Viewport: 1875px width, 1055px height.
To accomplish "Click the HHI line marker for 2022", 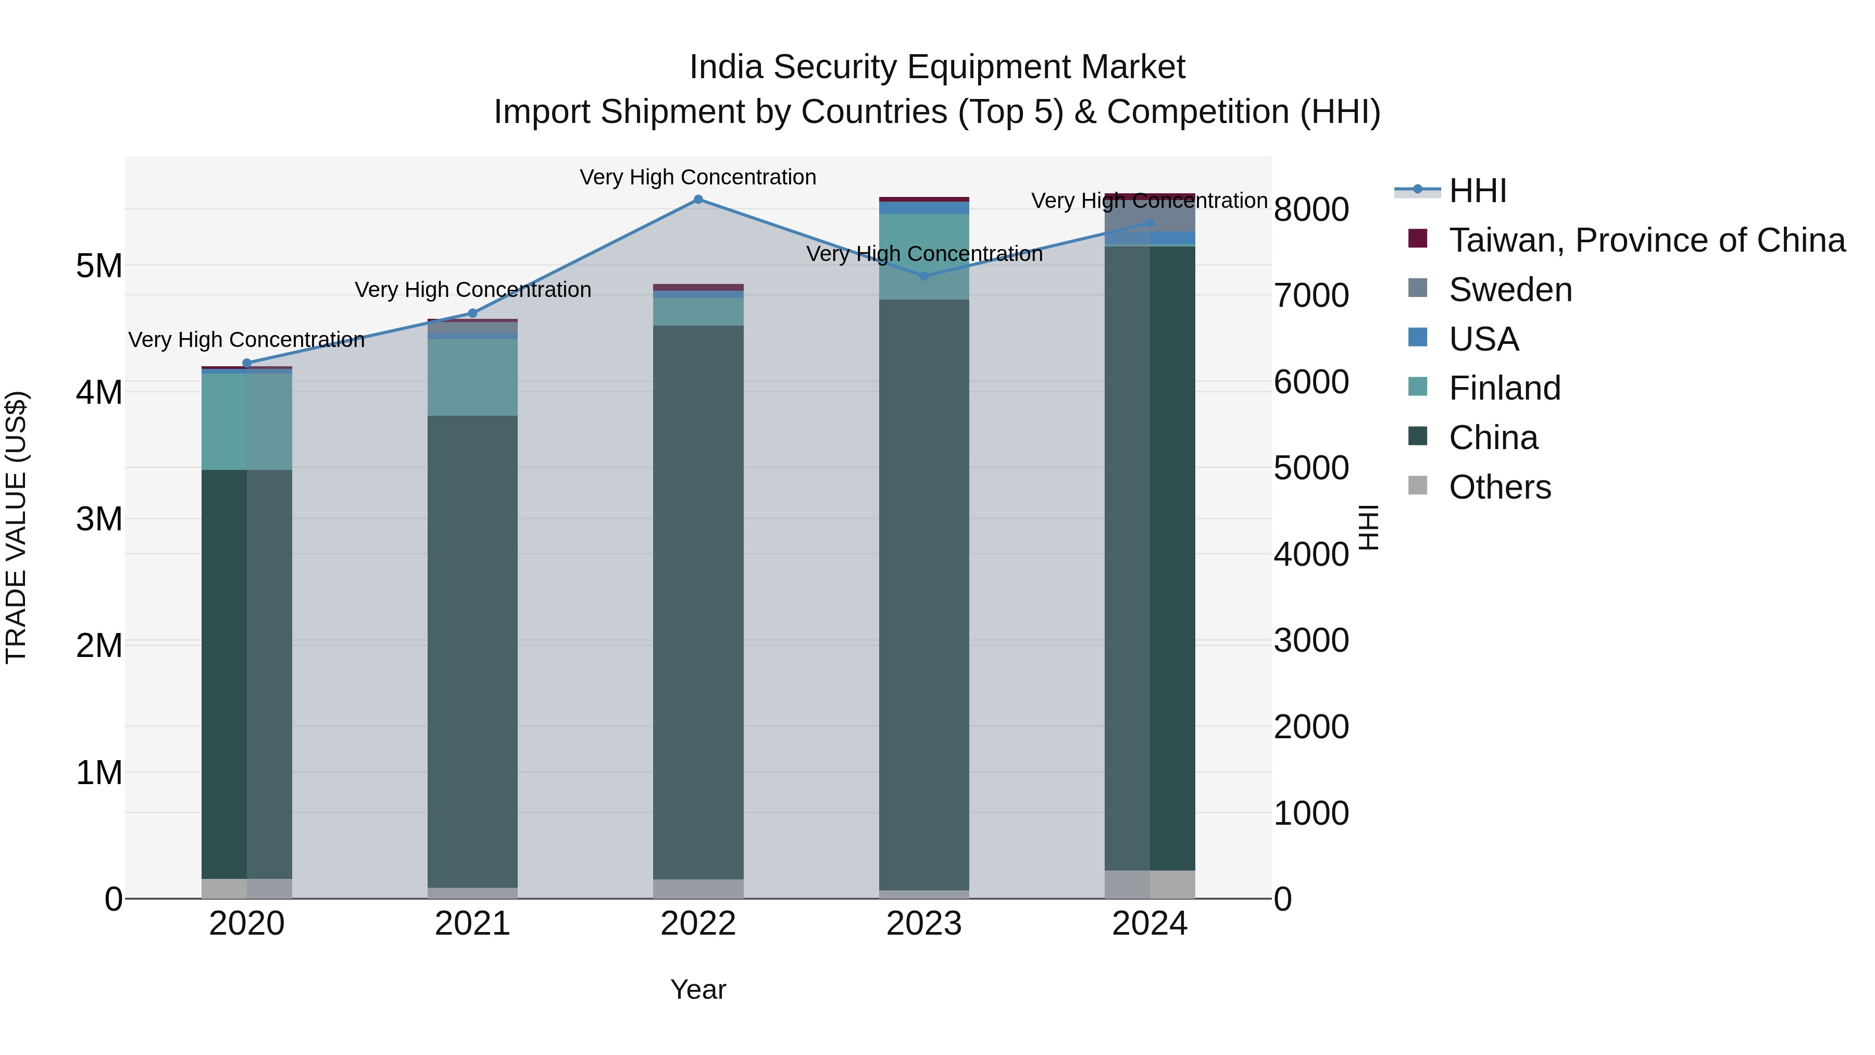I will (x=698, y=200).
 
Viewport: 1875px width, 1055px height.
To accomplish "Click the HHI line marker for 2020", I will (x=247, y=363).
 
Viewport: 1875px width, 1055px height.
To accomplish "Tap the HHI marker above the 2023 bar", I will (x=924, y=277).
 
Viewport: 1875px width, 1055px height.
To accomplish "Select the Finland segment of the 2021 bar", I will (x=472, y=377).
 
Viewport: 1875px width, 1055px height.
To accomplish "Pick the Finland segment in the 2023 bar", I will (x=924, y=256).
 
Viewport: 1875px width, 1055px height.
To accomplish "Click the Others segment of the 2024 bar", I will (x=1150, y=885).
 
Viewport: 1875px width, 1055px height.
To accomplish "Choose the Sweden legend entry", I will (x=1510, y=290).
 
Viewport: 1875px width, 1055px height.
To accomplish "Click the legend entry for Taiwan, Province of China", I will (x=1646, y=240).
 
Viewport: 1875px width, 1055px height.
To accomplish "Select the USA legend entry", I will (x=1483, y=339).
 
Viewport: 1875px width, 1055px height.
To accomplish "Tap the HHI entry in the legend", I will (x=1477, y=191).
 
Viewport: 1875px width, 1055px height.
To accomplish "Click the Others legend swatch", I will (x=1418, y=486).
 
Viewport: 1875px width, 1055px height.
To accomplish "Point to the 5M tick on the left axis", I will (x=99, y=266).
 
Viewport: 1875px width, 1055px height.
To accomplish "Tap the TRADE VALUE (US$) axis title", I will (x=16, y=527).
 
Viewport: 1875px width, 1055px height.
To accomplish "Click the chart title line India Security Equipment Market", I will (x=937, y=67).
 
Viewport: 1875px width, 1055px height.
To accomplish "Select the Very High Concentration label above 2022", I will (x=698, y=178).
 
